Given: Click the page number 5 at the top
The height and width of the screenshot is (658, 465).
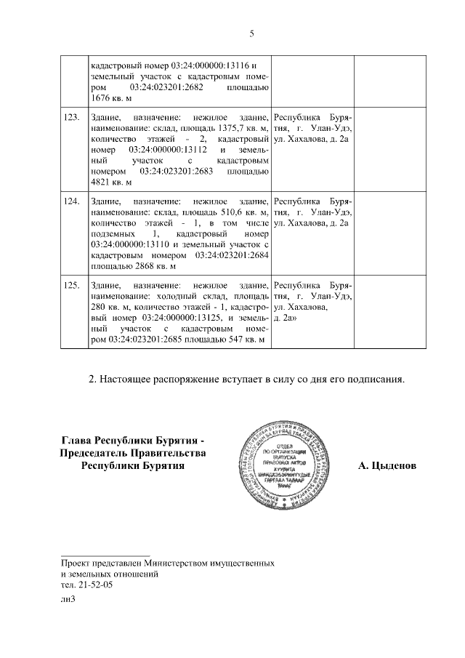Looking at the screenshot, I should [251, 33].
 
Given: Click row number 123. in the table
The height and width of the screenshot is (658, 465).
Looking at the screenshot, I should [71, 118].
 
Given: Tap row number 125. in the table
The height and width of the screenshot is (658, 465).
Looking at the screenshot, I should [71, 284].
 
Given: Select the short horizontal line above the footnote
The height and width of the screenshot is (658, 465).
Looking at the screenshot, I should [105, 555].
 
